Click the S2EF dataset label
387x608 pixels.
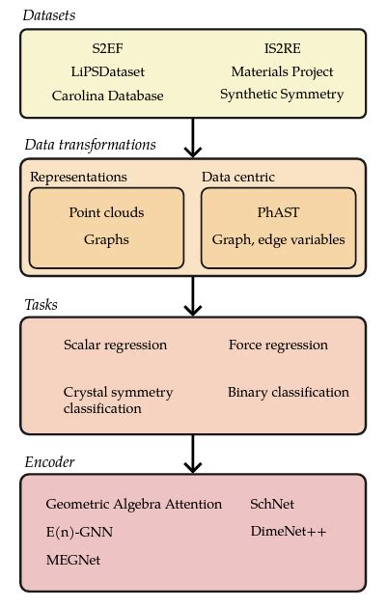107,47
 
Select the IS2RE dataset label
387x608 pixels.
282,47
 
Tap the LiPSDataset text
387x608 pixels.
107,71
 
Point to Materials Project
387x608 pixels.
282,71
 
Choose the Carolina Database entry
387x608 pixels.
107,96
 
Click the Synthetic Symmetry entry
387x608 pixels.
282,95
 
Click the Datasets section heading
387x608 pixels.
49,15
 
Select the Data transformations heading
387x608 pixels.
90,145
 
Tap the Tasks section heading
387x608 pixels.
41,305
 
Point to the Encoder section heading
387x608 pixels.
49,462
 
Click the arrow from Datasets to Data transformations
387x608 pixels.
193,137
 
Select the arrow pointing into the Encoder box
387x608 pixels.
193,454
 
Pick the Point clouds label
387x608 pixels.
106,212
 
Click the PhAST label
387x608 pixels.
278,212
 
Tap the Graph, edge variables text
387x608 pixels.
278,239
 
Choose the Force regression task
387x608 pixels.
278,345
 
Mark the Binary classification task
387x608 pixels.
289,393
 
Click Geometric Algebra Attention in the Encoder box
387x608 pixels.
133,505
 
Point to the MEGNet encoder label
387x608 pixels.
72,560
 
